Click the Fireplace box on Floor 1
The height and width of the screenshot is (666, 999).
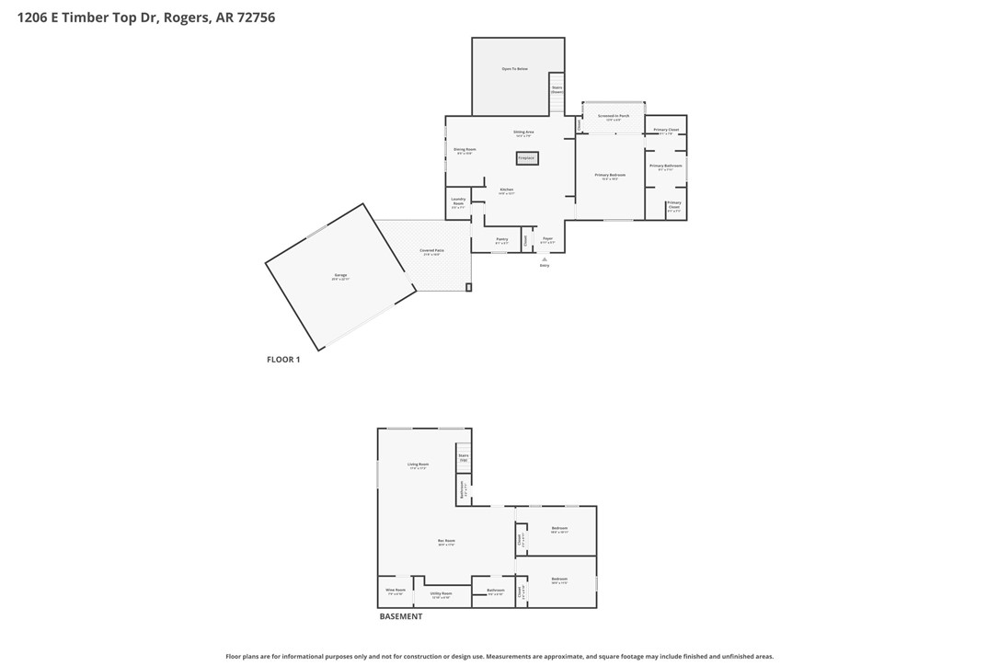[526, 158]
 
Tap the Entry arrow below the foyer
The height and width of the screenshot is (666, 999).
[545, 260]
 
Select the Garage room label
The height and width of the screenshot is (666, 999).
[340, 277]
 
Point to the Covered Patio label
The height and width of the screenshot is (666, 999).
[431, 252]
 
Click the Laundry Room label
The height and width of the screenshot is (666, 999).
[458, 202]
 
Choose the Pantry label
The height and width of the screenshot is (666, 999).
[501, 240]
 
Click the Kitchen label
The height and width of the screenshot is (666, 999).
[506, 190]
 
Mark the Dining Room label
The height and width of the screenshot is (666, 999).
[465, 150]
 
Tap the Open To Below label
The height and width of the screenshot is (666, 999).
[514, 69]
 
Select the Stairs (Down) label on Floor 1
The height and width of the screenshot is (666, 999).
[557, 90]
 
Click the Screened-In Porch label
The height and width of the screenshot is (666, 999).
[614, 117]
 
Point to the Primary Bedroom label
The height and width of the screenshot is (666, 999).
[609, 176]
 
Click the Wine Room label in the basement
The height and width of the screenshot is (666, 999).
[396, 591]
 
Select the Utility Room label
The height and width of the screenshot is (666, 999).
[442, 594]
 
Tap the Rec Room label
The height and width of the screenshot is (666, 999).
[446, 542]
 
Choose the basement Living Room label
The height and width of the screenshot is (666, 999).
[418, 465]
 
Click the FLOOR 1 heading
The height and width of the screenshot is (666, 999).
[283, 360]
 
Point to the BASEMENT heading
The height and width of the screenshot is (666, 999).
[401, 616]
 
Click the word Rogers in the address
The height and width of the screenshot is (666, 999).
[187, 17]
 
